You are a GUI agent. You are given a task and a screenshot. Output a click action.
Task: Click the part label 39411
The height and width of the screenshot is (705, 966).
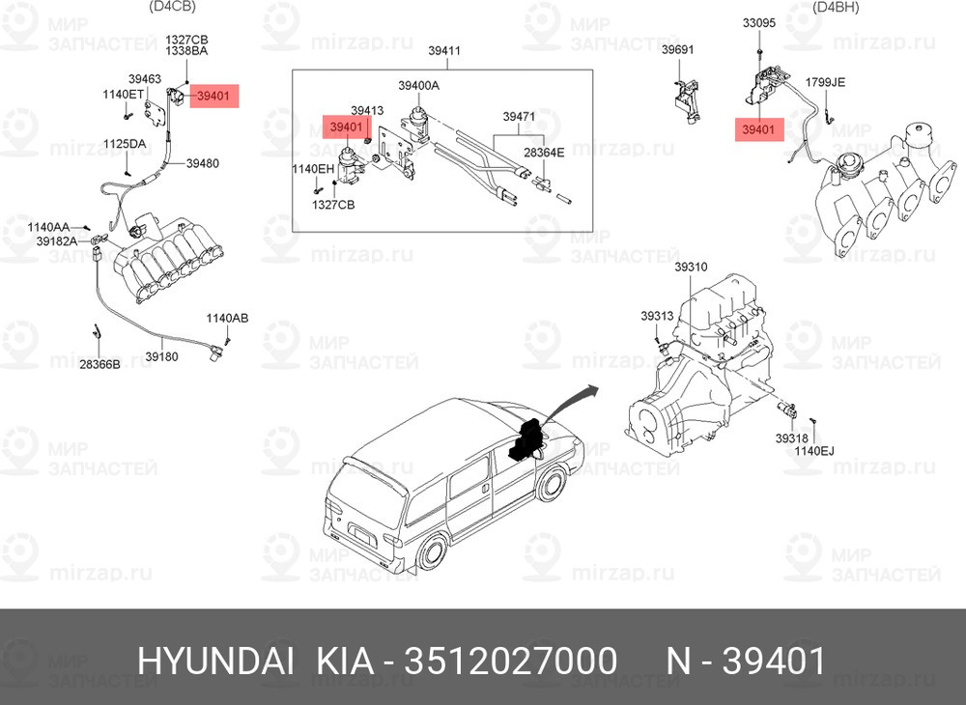pyautogui.click(x=444, y=50)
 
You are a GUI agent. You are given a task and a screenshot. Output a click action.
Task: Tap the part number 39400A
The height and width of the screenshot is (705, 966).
pyautogui.click(x=418, y=86)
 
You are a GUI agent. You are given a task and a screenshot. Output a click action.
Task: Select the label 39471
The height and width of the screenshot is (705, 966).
pyautogui.click(x=519, y=116)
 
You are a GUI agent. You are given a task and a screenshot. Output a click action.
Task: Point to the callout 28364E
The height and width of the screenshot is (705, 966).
pyautogui.click(x=544, y=152)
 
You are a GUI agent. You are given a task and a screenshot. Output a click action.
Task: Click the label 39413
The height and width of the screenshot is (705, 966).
pyautogui.click(x=367, y=110)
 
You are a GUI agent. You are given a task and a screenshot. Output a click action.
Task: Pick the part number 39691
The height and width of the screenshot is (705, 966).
pyautogui.click(x=678, y=49)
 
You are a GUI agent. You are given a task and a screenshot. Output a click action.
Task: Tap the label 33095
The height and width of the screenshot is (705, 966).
pyautogui.click(x=759, y=23)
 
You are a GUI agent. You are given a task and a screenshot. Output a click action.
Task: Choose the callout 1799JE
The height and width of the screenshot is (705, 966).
pyautogui.click(x=826, y=82)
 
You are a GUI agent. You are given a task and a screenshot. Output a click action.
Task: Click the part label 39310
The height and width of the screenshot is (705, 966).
pyautogui.click(x=691, y=268)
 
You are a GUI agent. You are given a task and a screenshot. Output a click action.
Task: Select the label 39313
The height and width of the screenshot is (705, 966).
pyautogui.click(x=657, y=316)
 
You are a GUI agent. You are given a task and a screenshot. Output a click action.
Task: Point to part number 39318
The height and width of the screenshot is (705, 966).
pyautogui.click(x=791, y=438)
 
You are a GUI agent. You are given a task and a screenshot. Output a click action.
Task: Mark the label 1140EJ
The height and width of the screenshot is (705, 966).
pyautogui.click(x=813, y=451)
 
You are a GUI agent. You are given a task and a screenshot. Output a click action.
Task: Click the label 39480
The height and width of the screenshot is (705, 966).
pyautogui.click(x=203, y=163)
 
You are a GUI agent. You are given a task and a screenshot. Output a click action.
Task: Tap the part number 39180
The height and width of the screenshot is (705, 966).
pyautogui.click(x=161, y=356)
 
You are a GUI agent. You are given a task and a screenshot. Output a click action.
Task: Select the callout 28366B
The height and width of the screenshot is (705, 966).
pyautogui.click(x=99, y=364)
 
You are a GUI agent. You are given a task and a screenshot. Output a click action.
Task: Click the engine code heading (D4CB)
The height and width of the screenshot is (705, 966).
pyautogui.click(x=173, y=7)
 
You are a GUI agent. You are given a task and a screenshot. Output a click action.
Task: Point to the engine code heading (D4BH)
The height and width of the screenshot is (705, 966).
pyautogui.click(x=836, y=7)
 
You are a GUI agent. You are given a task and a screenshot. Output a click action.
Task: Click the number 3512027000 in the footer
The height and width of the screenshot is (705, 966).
pyautogui.click(x=509, y=662)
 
